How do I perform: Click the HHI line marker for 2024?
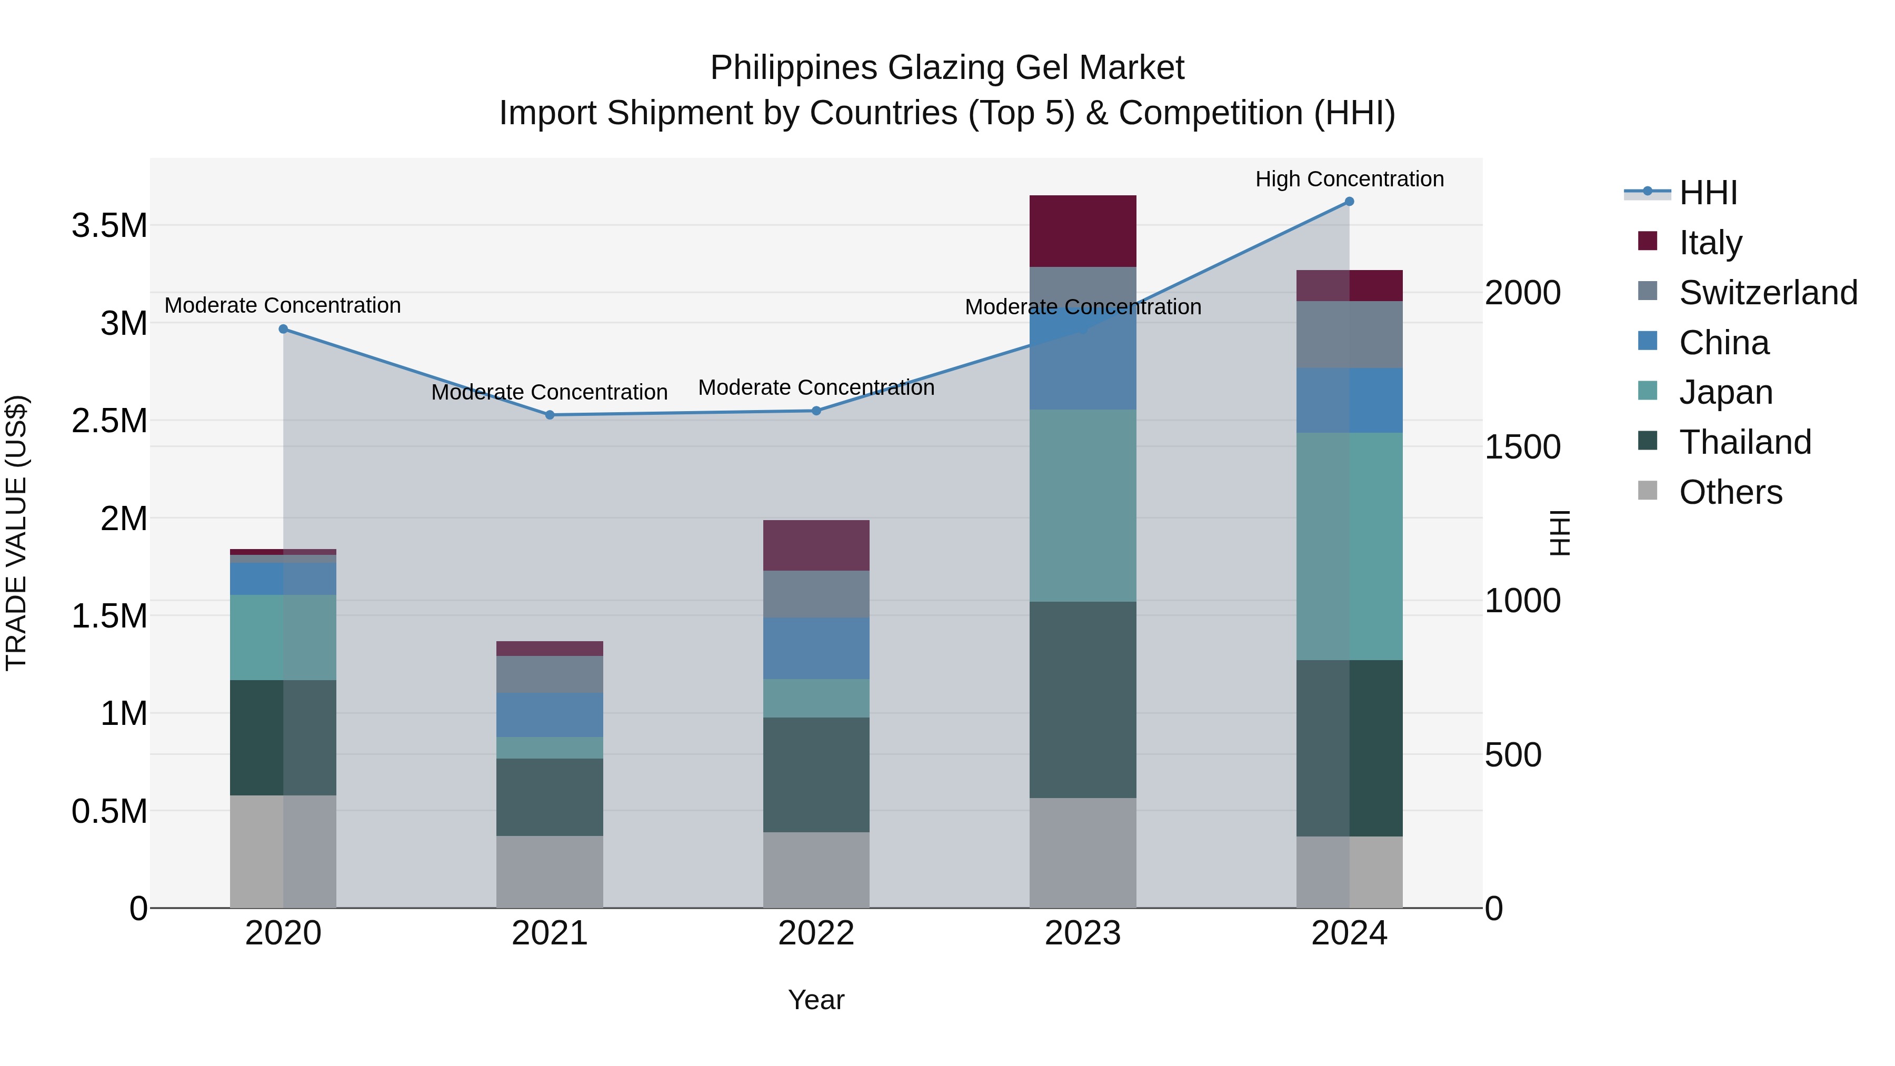(1349, 202)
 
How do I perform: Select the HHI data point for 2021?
(550, 415)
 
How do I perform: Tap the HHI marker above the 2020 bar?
(283, 329)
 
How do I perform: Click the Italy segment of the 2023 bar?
(1082, 231)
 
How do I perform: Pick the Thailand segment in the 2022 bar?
(816, 775)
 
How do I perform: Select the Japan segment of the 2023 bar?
(1082, 505)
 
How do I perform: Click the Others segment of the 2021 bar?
(550, 872)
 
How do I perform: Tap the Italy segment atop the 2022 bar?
(816, 545)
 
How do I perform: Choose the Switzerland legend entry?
(1768, 293)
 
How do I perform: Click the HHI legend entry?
(1708, 193)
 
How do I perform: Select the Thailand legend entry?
(1745, 442)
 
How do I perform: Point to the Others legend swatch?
(1648, 491)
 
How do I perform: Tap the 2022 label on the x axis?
(816, 933)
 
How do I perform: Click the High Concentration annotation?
(1349, 179)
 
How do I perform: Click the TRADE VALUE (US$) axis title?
(16, 533)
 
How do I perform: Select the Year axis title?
(816, 1000)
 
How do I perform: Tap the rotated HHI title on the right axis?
(1560, 533)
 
